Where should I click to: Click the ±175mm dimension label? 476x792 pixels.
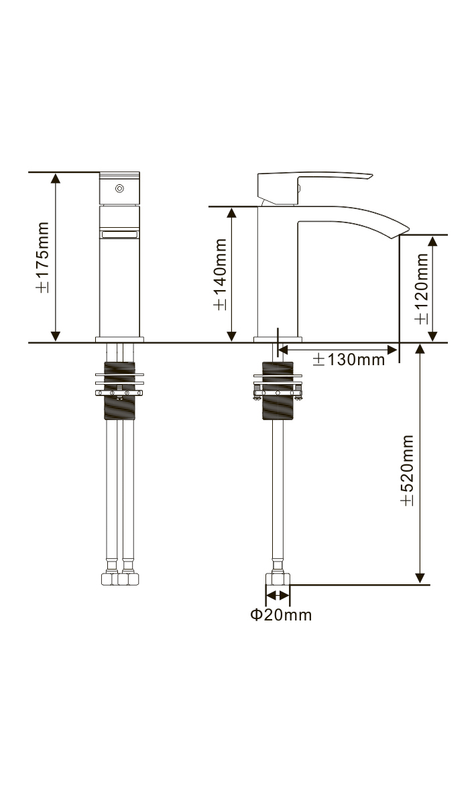tap(42, 257)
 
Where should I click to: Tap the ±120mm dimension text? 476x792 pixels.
tap(421, 288)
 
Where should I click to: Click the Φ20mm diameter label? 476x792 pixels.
tap(281, 614)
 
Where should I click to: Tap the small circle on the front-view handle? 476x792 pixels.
tap(120, 189)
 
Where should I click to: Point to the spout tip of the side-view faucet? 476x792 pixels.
tap(402, 230)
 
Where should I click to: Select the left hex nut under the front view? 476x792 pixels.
tap(109, 578)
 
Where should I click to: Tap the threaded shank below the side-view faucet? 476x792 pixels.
tap(278, 392)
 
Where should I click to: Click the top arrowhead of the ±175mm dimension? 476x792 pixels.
tap(56, 178)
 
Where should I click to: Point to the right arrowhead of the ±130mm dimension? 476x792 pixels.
tap(394, 348)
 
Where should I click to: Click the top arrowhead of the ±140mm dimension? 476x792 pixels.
tap(232, 212)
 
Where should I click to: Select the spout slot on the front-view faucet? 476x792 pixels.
tap(120, 234)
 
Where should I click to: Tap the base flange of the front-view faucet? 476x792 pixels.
tap(120, 339)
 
